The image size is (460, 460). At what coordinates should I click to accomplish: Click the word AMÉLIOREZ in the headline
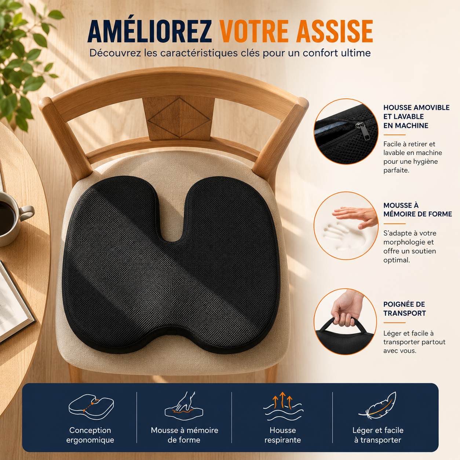click(149, 31)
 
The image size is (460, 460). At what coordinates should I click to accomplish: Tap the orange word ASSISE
click(335, 31)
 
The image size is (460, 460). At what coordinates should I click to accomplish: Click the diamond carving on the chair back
click(179, 117)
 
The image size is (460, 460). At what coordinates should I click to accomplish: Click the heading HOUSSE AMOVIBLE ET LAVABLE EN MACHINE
click(416, 117)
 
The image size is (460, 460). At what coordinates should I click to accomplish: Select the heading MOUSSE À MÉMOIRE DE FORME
click(417, 209)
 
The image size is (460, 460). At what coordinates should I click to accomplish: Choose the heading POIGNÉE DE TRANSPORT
click(404, 309)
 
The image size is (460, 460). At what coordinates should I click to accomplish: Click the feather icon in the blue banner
click(377, 405)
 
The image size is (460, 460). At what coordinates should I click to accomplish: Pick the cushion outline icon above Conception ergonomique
click(91, 407)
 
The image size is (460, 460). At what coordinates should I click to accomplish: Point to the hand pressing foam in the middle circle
click(354, 216)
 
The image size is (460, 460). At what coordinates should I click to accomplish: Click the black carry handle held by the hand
click(343, 324)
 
